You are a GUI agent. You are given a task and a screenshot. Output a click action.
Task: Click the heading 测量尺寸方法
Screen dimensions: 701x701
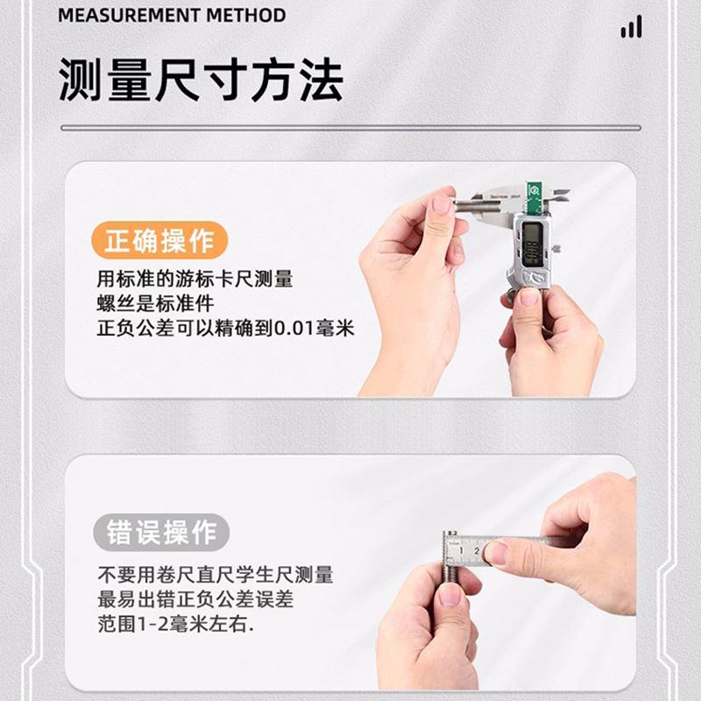[x=201, y=80]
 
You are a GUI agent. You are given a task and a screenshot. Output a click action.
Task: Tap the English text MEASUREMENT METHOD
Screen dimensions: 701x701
[x=172, y=16]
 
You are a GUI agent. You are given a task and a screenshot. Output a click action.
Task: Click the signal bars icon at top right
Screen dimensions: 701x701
[x=631, y=28]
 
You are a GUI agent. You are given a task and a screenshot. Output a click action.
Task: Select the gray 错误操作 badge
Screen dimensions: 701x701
[x=160, y=532]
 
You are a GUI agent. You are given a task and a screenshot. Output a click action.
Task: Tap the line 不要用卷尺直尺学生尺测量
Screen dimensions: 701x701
[x=215, y=576]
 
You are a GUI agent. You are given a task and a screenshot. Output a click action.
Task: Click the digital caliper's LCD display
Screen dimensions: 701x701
[x=531, y=243]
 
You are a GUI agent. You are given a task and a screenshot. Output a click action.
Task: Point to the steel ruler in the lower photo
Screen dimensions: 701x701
[x=499, y=548]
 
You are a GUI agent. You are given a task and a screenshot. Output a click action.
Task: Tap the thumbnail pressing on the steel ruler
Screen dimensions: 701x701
[x=496, y=552]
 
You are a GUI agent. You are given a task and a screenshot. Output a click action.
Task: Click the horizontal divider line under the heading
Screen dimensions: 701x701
[x=350, y=128]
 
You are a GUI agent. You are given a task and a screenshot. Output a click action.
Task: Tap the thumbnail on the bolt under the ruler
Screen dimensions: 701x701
[x=450, y=595]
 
